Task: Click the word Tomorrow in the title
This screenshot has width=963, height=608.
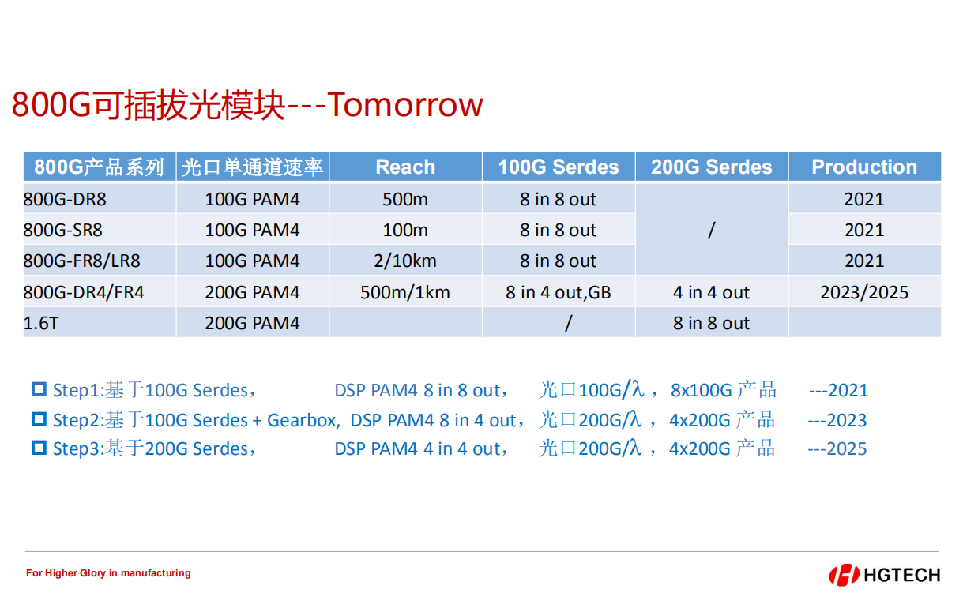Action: (405, 104)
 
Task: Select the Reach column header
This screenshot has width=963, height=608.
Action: (405, 167)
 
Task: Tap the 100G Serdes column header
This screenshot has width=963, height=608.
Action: (559, 167)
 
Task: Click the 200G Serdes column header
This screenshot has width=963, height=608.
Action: (712, 167)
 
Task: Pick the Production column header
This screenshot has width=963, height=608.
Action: (864, 167)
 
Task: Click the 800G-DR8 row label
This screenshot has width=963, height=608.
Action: (65, 199)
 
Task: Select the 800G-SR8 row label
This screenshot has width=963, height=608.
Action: (62, 231)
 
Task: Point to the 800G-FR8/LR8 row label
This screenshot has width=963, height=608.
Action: (81, 261)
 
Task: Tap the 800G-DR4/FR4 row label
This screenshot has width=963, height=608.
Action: (84, 293)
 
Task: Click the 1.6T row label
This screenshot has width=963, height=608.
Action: (41, 323)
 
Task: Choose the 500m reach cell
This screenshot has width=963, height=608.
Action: (405, 199)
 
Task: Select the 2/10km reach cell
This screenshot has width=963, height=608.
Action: (405, 261)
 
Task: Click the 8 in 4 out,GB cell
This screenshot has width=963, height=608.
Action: (559, 293)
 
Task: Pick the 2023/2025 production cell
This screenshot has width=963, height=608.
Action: (864, 293)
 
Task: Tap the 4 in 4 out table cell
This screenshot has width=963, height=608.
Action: (712, 293)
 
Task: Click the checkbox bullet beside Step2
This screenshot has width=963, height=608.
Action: (39, 419)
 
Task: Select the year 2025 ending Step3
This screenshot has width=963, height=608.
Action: (847, 449)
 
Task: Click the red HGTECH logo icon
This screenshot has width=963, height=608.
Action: (844, 575)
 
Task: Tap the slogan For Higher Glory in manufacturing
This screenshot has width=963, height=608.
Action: (108, 573)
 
